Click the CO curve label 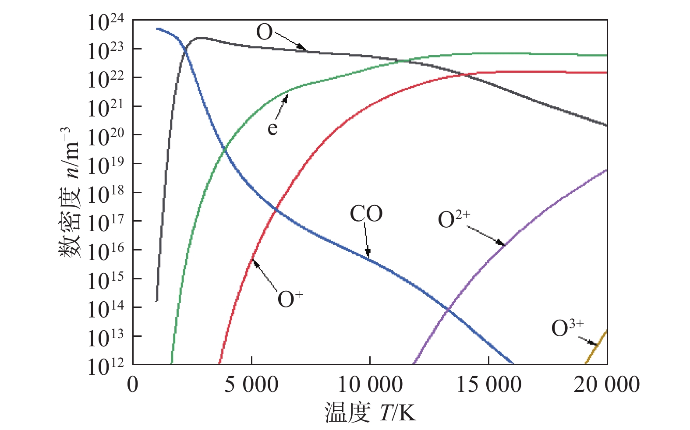tap(366, 214)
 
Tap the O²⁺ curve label tap(454, 219)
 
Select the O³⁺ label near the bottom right tap(567, 328)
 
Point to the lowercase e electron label tap(272, 128)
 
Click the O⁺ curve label tap(290, 300)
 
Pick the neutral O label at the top tap(264, 32)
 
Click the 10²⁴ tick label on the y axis tap(106, 23)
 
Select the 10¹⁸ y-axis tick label tap(106, 194)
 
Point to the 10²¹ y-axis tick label tap(106, 109)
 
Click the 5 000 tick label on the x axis tap(251, 385)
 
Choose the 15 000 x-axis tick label tap(489, 385)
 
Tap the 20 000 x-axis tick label tap(607, 385)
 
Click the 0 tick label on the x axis tap(133, 385)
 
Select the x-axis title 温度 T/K tap(370, 412)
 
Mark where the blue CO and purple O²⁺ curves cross tap(448, 309)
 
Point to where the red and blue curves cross tap(276, 209)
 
